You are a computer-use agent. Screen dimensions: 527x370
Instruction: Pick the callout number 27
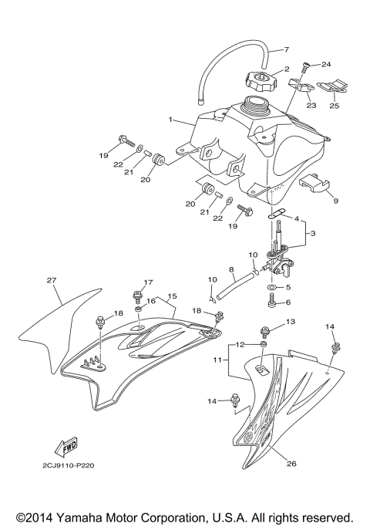tap(52, 280)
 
